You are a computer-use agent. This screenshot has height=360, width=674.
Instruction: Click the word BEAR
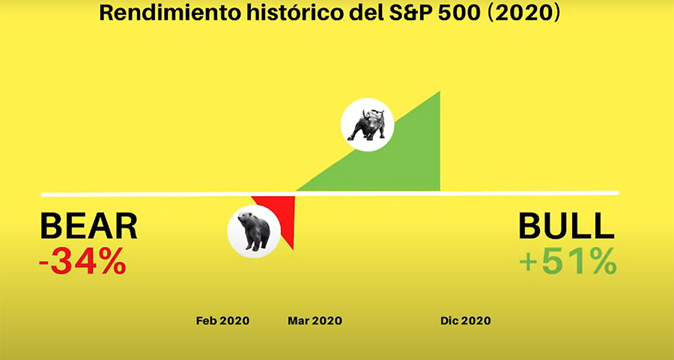tap(88, 226)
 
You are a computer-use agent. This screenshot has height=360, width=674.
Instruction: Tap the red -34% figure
tap(82, 261)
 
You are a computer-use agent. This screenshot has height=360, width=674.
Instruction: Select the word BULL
tap(567, 226)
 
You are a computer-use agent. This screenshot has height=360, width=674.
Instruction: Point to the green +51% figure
tap(568, 261)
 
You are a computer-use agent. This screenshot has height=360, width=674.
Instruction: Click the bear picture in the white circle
tap(254, 231)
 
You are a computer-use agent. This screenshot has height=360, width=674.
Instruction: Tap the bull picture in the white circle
tap(368, 124)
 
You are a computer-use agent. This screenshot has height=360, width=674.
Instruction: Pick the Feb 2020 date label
tap(222, 321)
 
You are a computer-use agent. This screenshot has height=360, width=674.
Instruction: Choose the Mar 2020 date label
tap(315, 321)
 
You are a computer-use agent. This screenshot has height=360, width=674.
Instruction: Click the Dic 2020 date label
tap(466, 321)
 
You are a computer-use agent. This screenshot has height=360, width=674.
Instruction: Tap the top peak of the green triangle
tap(440, 91)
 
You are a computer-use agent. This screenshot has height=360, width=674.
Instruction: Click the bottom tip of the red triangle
tap(293, 249)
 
